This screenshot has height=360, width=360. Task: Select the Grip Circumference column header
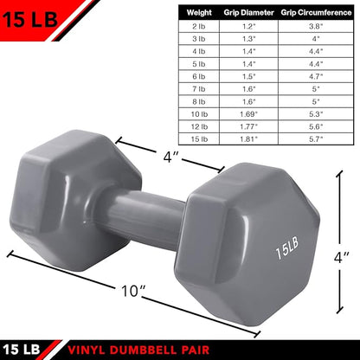point(315,14)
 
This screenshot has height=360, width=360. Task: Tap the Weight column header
point(199,14)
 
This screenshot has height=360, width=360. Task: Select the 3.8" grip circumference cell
point(315,26)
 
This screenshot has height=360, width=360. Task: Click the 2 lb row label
point(199,26)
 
